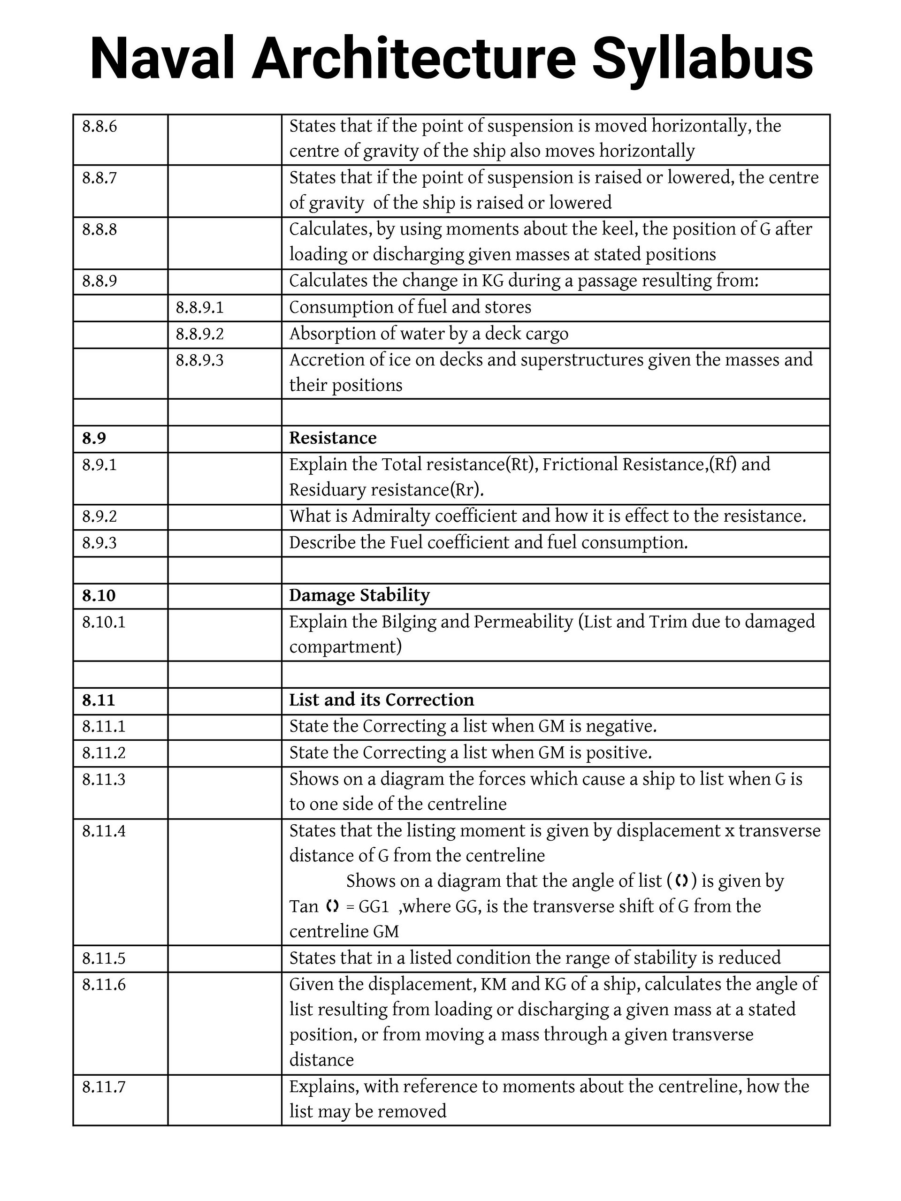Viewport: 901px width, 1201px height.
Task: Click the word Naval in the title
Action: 162,59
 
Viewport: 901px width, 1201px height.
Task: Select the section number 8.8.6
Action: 99,127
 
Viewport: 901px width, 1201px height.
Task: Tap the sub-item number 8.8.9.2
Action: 199,334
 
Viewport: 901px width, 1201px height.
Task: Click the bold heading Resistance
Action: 332,438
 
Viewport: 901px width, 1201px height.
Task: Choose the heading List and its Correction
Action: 381,700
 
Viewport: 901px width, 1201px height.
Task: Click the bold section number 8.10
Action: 99,596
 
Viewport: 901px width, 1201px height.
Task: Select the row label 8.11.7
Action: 104,1087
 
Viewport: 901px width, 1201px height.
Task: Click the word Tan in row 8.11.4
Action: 303,906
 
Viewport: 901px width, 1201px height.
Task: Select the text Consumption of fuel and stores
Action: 410,307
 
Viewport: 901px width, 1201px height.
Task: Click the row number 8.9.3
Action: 99,543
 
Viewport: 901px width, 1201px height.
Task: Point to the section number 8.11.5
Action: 104,958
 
